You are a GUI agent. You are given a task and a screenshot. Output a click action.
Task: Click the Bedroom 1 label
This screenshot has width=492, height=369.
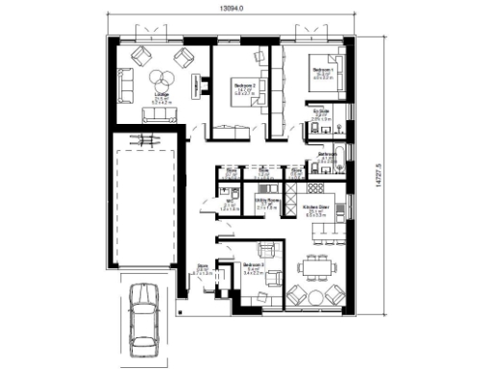tap(323, 70)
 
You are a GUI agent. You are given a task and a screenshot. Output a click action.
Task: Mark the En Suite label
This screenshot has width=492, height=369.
tap(321, 114)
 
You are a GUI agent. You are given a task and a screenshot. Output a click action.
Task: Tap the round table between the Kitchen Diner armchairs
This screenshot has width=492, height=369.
tap(314, 293)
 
